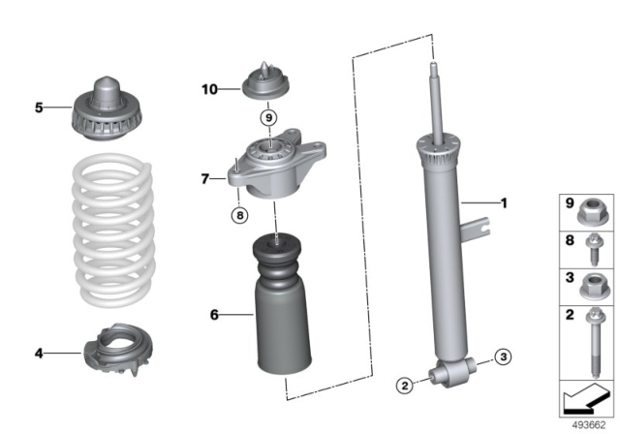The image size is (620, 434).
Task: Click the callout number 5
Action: click(x=39, y=108)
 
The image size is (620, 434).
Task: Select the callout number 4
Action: click(x=39, y=354)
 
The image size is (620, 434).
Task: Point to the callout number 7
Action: click(x=205, y=178)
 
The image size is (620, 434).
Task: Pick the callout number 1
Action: click(x=503, y=203)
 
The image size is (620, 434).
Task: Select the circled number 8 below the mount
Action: click(x=237, y=215)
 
